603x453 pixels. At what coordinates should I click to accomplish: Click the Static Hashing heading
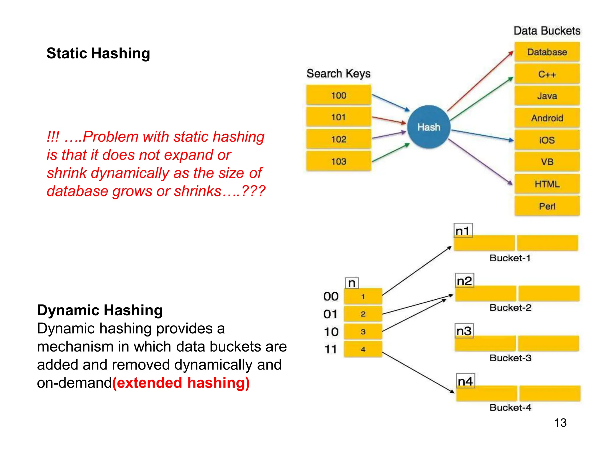point(98,53)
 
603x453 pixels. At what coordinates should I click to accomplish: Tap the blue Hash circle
point(429,127)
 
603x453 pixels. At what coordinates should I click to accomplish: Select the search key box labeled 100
point(339,95)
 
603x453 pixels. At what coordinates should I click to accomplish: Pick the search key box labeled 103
point(339,161)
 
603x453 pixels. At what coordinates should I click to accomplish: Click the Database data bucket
point(547,52)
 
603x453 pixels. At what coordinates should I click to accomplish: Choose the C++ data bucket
point(547,74)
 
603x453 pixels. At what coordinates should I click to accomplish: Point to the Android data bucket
point(547,118)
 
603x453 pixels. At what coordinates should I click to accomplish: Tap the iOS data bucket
point(547,140)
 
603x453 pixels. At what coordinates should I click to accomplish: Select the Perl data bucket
point(547,206)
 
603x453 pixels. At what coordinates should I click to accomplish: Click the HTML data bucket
point(547,184)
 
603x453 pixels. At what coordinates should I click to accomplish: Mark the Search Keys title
point(338,73)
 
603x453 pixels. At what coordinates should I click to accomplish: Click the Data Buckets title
point(547,31)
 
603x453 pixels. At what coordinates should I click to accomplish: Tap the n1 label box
point(463,231)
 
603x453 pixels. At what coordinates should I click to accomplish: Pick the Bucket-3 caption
point(510,358)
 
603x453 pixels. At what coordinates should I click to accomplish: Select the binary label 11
point(330,349)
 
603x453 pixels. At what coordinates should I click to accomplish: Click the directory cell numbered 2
point(363,314)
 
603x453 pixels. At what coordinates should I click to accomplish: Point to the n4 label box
point(465,381)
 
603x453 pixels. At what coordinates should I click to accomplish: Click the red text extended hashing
point(181,383)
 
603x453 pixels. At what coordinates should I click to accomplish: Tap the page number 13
point(560,423)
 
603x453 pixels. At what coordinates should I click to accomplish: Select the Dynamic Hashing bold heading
point(100,310)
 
